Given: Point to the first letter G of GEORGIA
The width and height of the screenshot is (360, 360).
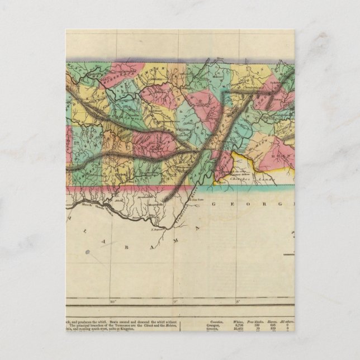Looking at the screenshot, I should click(x=215, y=205).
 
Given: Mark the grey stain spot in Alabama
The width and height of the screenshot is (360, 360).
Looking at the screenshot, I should click(x=87, y=252).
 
